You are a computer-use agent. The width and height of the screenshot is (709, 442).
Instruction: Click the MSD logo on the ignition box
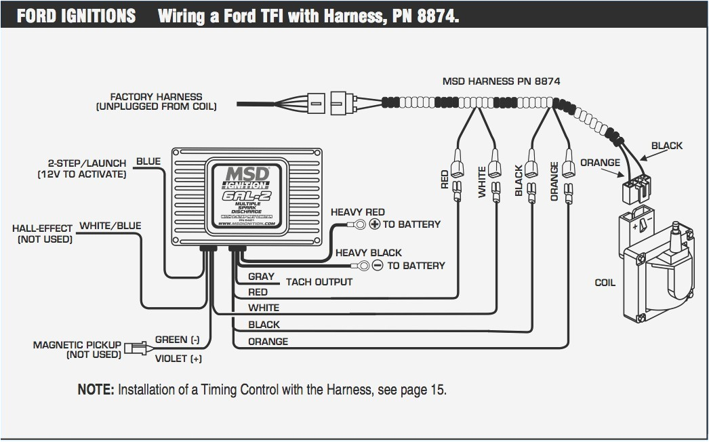[x=247, y=175]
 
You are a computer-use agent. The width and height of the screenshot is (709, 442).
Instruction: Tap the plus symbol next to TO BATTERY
[x=374, y=224]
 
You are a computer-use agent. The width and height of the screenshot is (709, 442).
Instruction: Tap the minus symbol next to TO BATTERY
[x=378, y=266]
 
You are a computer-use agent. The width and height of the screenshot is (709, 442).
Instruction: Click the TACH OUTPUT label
[x=319, y=282]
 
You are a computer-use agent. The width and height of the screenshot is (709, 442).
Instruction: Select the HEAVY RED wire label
[x=357, y=212]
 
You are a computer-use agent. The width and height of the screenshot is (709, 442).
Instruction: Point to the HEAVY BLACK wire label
[x=369, y=253]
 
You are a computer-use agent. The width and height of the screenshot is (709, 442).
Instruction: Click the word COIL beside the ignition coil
[x=605, y=283]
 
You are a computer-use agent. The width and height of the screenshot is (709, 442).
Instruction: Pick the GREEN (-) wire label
[x=178, y=340]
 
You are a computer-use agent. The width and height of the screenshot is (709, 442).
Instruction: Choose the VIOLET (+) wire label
[x=179, y=359]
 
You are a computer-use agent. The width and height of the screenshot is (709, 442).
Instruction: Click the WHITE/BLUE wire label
[x=110, y=226]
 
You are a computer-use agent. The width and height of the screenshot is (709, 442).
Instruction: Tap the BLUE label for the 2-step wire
[x=148, y=161]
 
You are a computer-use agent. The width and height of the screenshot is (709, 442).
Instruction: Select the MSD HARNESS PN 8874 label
[x=501, y=81]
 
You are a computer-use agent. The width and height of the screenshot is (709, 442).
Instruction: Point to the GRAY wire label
[x=261, y=277]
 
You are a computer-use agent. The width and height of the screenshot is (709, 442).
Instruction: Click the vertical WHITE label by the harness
[x=483, y=182]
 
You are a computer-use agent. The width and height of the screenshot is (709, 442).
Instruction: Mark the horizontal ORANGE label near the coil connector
[x=600, y=163]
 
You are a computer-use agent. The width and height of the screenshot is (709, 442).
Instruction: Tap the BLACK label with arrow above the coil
[x=667, y=146]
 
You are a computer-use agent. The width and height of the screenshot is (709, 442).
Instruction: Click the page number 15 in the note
[x=438, y=390]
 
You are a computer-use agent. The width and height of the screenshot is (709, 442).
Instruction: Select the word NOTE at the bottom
[x=95, y=390]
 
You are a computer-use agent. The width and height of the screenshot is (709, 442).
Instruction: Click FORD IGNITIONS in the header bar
[x=76, y=16]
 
